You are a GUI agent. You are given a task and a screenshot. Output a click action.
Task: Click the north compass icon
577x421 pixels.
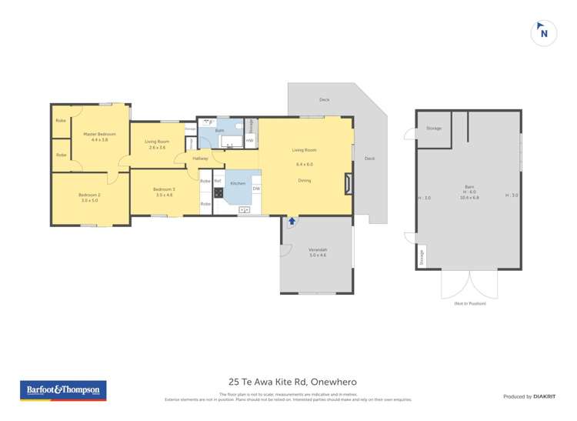tap(544, 32)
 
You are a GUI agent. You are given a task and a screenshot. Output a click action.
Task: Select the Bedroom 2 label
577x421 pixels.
tap(89, 195)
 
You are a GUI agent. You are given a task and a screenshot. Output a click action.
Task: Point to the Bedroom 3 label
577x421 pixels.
tap(164, 189)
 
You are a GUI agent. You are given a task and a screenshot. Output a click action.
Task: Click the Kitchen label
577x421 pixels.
tap(238, 183)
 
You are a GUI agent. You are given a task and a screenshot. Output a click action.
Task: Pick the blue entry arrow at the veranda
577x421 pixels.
tap(292, 222)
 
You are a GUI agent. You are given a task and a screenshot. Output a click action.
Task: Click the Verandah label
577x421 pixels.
tap(319, 250)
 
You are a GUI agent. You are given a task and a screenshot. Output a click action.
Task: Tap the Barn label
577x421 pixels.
tap(469, 187)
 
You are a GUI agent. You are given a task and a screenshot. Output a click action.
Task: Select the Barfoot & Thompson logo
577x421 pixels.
tap(63, 390)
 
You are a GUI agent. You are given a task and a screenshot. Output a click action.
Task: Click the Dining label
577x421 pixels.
tap(305, 180)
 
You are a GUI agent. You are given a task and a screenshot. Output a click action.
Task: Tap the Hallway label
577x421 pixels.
tap(200, 159)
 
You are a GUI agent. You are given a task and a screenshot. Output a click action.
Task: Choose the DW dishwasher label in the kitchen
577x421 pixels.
tap(255, 189)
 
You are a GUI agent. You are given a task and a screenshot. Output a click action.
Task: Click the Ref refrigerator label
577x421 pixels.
tap(218, 181)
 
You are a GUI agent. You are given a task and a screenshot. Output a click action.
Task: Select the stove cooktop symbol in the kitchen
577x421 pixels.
tap(218, 192)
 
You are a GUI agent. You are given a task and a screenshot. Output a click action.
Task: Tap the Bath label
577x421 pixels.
tap(219, 132)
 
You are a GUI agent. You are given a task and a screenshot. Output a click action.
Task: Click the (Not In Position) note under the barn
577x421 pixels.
tap(469, 303)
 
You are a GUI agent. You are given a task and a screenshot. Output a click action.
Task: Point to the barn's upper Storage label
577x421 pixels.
tap(433, 128)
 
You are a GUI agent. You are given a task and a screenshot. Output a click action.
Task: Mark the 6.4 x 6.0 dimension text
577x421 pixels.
tap(305, 164)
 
